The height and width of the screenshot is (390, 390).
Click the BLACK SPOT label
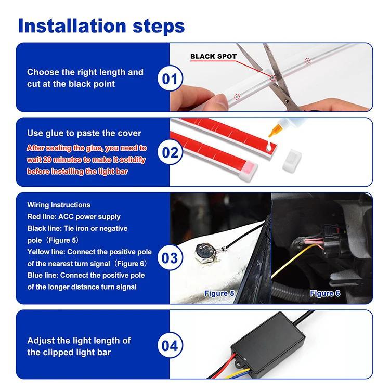pyautogui.click(x=213, y=56)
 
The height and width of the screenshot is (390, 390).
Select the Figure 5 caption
pyautogui.click(x=219, y=294)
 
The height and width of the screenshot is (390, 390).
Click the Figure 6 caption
pyautogui.click(x=325, y=294)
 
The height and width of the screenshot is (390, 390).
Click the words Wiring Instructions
pyautogui.click(x=59, y=205)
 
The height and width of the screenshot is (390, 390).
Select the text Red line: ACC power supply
pyautogui.click(x=73, y=216)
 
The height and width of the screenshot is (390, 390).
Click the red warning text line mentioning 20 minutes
pyautogui.click(x=86, y=160)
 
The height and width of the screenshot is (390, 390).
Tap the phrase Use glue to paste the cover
pyautogui.click(x=84, y=134)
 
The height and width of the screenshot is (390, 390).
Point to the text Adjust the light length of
pyautogui.click(x=79, y=341)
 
